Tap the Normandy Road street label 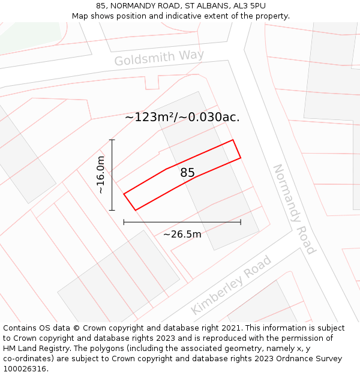point(294,209)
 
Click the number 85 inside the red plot point(187,173)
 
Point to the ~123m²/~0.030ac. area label point(182,118)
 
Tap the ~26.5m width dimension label point(182,234)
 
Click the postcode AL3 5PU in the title point(250,5)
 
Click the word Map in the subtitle point(81,16)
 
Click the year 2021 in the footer point(231,328)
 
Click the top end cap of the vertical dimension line point(112,140)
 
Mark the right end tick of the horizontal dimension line point(241,222)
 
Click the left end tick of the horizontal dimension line point(124,222)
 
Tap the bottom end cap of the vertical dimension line point(112,210)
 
